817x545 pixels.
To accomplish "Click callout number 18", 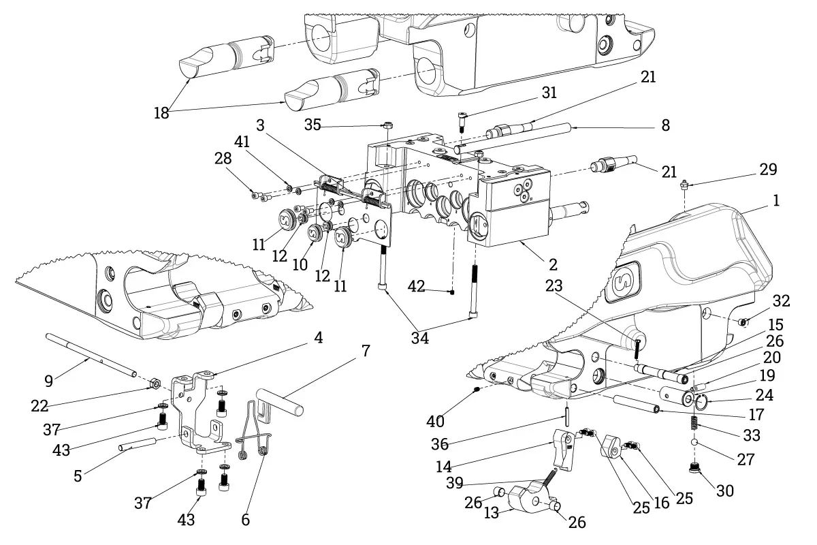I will click(x=161, y=113).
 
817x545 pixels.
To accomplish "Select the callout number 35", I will click(x=313, y=125).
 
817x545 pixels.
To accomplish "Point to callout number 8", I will click(x=665, y=125).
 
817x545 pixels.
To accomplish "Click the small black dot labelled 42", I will click(x=451, y=292).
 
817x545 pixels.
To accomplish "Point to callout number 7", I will click(x=366, y=352).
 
